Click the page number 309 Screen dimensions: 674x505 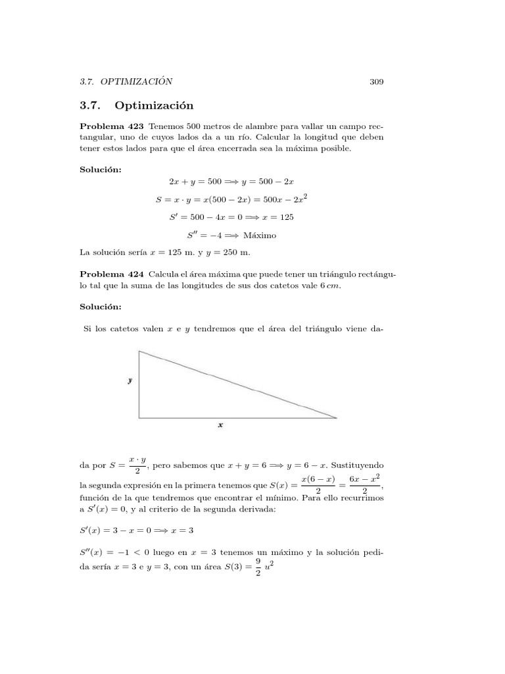pos(376,82)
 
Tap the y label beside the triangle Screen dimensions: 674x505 pos(130,380)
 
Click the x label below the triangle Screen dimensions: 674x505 pos(220,425)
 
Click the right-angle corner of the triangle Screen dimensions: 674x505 pos(139,417)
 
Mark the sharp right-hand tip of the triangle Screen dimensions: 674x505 pos(336,417)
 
